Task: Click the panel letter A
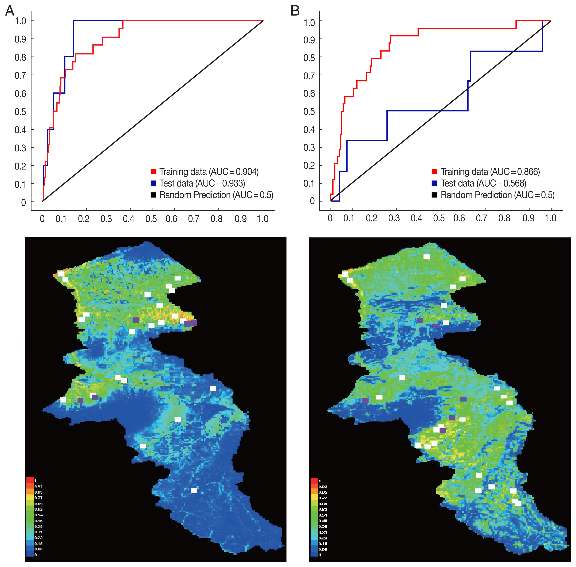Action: point(10,11)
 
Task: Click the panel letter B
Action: point(295,11)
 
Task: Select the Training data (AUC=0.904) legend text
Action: point(209,172)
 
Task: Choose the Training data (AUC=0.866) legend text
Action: point(490,172)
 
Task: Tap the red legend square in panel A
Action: point(153,172)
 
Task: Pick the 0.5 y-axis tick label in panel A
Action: point(20,112)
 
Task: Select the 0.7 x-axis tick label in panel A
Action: point(194,219)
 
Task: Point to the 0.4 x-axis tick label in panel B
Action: point(416,218)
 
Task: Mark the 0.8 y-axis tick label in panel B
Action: point(309,57)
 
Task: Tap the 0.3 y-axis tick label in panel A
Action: point(20,148)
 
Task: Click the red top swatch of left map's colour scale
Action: point(30,480)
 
